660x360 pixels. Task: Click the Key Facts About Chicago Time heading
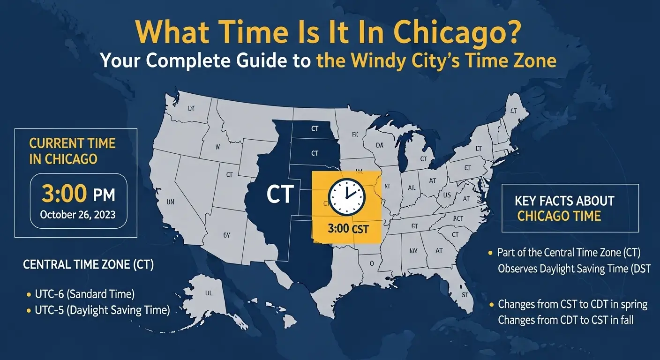[x=564, y=208]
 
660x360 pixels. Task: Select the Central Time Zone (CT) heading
[x=89, y=265]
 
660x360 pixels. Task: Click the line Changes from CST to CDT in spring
[x=572, y=305]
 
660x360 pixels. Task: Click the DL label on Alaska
[x=209, y=293]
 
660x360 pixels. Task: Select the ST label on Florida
[x=465, y=295]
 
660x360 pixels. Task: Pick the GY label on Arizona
[x=227, y=235]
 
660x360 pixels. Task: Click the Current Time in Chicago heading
[x=72, y=150]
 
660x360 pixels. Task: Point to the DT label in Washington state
[x=191, y=108]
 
